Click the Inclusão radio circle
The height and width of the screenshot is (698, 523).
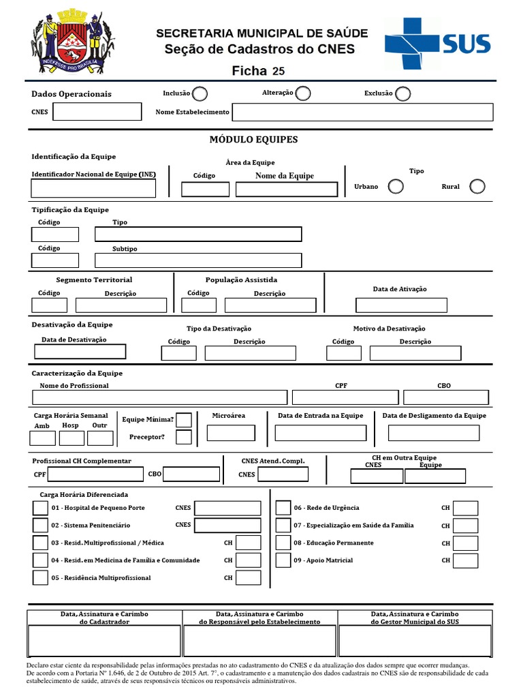tap(200, 93)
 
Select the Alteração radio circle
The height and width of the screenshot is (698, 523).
tap(303, 93)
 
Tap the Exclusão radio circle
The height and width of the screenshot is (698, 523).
tap(403, 93)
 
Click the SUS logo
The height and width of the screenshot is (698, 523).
tap(437, 44)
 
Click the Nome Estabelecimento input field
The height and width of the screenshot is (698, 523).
tap(362, 112)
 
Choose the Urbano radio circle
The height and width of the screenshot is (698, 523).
tap(395, 186)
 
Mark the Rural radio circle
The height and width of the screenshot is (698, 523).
tap(477, 186)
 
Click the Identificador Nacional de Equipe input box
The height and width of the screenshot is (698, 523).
tap(93, 189)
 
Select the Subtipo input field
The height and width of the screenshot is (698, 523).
tap(198, 260)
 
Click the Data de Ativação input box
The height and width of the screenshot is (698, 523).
tap(401, 305)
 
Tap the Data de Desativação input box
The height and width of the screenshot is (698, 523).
tap(80, 352)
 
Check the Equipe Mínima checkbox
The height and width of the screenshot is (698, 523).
tap(184, 420)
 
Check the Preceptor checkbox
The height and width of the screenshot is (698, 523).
tap(184, 437)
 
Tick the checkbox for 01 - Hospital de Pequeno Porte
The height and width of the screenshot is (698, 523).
tap(40, 508)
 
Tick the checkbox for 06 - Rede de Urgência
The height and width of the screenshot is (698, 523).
tap(283, 508)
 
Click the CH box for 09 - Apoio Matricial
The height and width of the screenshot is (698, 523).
tap(466, 560)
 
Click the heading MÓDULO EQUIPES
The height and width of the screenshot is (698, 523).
tap(253, 140)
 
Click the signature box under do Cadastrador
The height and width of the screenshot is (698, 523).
tap(104, 641)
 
